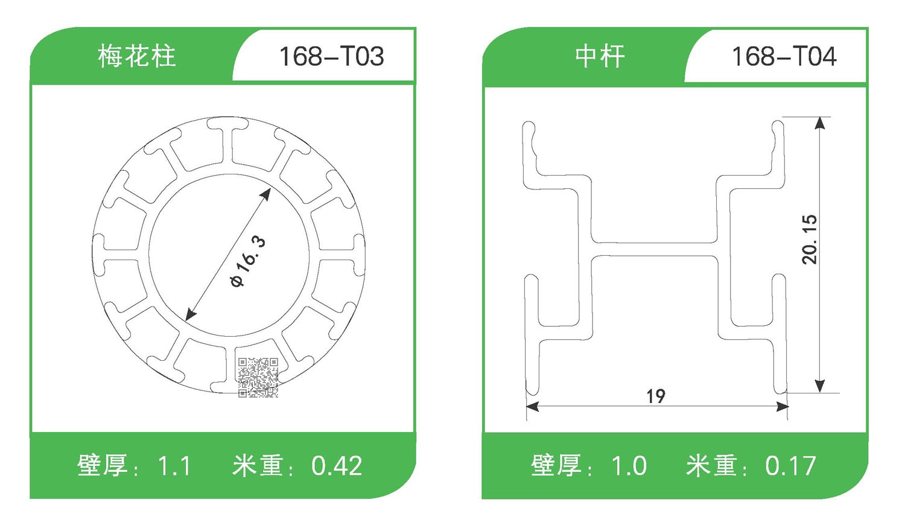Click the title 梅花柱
pyautogui.click(x=137, y=57)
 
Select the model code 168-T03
pyautogui.click(x=331, y=57)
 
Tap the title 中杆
pyautogui.click(x=600, y=57)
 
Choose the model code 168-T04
pyautogui.click(x=784, y=57)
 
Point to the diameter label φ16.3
pyautogui.click(x=248, y=262)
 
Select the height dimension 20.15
pyautogui.click(x=810, y=239)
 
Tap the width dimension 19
pyautogui.click(x=656, y=396)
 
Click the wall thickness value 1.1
pyautogui.click(x=174, y=466)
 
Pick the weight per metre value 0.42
pyautogui.click(x=337, y=466)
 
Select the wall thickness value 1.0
pyautogui.click(x=629, y=466)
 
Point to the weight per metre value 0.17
pyautogui.click(x=790, y=466)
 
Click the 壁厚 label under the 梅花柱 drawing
pyautogui.click(x=103, y=466)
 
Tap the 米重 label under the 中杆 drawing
pyautogui.click(x=712, y=466)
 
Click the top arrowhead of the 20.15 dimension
pyautogui.click(x=819, y=123)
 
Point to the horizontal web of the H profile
pyautogui.click(x=654, y=249)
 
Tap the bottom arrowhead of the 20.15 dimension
pyautogui.click(x=819, y=386)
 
